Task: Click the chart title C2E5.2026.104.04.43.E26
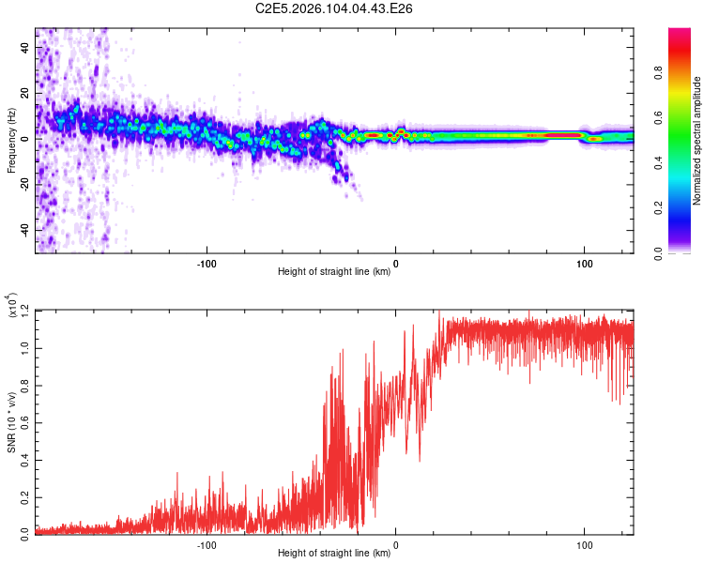[x=335, y=9]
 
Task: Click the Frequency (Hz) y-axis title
[x=12, y=141]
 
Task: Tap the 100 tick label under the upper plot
[x=585, y=263]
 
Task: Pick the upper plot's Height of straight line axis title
[x=334, y=273]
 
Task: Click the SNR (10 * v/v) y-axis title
[x=12, y=422]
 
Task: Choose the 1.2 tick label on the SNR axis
[x=23, y=311]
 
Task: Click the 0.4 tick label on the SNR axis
[x=23, y=459]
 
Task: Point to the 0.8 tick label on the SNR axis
[x=23, y=385]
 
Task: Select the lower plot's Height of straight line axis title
[x=334, y=555]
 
